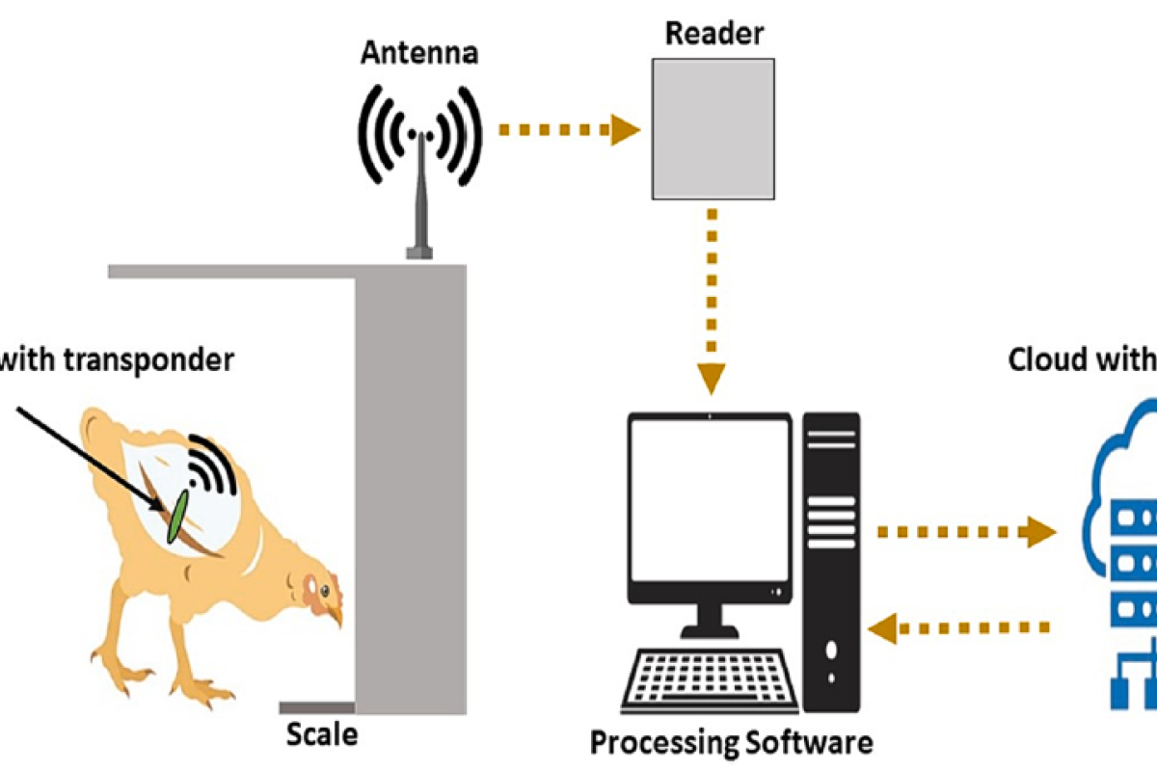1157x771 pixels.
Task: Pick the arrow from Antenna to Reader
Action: point(569,127)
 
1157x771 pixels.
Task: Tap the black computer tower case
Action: point(831,559)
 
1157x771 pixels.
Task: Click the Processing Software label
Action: point(731,743)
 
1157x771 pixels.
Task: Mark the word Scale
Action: point(322,735)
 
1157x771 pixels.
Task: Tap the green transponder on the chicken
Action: point(176,516)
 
